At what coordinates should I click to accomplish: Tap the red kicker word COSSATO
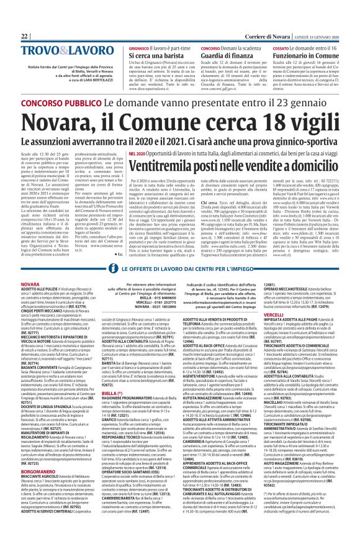tap(282, 30)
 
